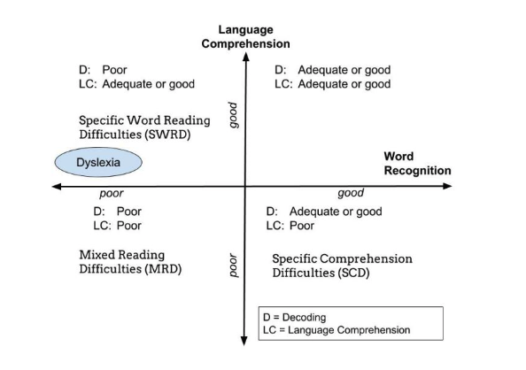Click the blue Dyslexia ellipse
[98, 162]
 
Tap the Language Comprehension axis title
[245, 36]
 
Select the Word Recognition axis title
[417, 164]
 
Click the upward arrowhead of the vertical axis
[246, 57]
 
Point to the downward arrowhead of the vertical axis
[244, 341]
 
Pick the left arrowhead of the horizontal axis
[57, 187]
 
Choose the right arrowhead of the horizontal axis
[447, 186]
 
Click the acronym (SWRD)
[167, 135]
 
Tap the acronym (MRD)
[163, 269]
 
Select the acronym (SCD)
[353, 273]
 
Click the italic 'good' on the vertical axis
[233, 115]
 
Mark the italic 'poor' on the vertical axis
[233, 265]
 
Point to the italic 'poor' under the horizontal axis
[112, 194]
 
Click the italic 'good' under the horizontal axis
[351, 193]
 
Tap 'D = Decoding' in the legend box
[295, 318]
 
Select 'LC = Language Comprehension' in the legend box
[336, 330]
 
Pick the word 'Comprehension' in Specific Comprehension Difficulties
[366, 259]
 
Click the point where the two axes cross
[245, 186]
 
